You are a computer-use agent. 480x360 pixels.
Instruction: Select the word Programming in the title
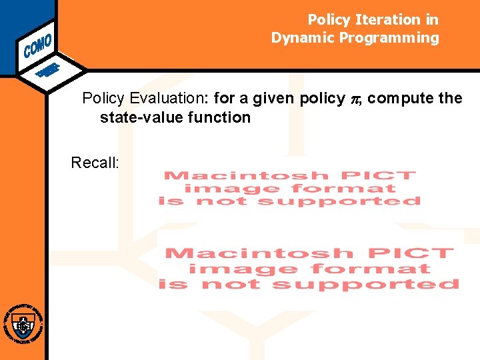pos(389,38)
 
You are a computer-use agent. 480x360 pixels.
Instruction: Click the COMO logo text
pos(37,45)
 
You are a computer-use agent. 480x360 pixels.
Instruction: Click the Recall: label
pos(95,163)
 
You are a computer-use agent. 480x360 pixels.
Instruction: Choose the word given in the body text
pos(274,99)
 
